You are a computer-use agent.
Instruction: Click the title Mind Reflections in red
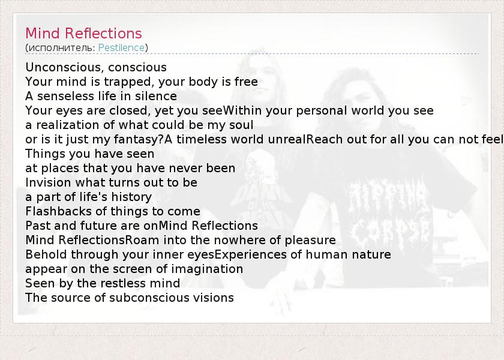pos(83,33)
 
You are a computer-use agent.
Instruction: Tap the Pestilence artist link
pos(121,47)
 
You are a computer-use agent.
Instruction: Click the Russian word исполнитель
pos(60,48)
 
